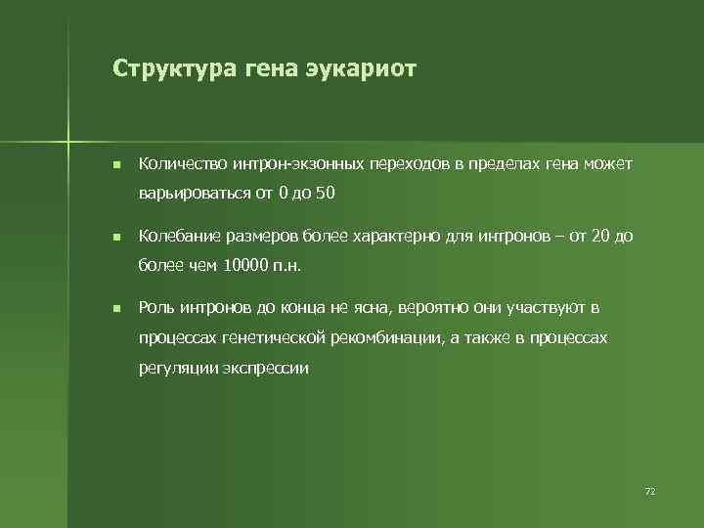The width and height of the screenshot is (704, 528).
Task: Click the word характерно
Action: [388, 236]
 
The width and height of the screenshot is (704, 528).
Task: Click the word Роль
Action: [157, 308]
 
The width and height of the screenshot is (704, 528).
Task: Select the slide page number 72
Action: [649, 489]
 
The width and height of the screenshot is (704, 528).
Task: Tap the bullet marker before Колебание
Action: [115, 237]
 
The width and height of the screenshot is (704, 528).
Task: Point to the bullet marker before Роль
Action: [115, 309]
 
